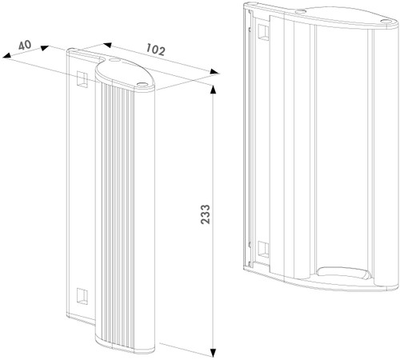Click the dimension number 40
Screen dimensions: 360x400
pyautogui.click(x=24, y=43)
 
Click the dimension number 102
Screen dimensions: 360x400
pyautogui.click(x=156, y=50)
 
